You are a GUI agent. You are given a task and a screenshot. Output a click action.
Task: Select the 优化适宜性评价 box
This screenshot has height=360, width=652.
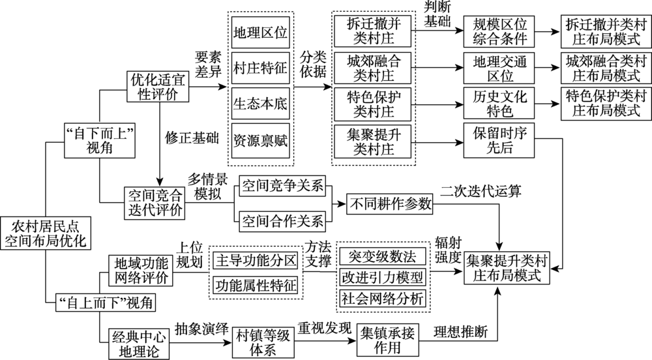tap(158, 86)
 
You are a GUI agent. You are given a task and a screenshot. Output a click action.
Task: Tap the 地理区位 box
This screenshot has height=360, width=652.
tap(259, 31)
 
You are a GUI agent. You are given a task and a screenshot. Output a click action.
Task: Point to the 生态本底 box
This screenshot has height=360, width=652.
tap(259, 104)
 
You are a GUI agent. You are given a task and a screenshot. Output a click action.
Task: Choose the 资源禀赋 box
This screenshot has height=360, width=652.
tap(259, 140)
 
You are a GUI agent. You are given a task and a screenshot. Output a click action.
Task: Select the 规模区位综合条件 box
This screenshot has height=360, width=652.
tap(499, 30)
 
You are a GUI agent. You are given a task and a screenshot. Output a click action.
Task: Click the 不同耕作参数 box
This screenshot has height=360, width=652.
tap(389, 203)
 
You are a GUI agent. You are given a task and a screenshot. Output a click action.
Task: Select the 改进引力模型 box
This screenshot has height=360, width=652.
tap(382, 277)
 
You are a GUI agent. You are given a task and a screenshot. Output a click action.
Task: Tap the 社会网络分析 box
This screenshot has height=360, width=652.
tap(382, 298)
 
